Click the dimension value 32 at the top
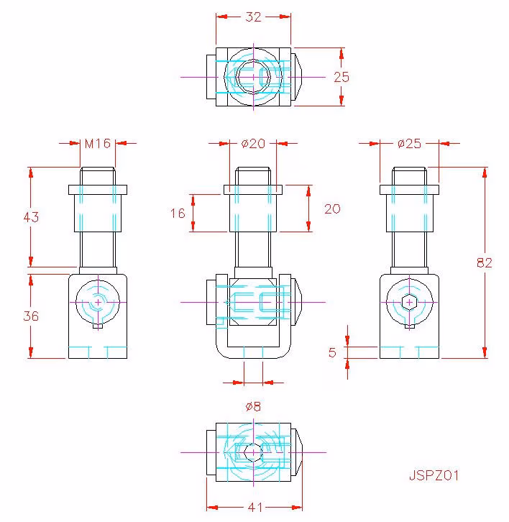[253, 17]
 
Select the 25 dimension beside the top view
[341, 77]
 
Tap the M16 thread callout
[98, 144]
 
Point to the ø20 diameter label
[253, 144]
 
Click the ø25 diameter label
[410, 144]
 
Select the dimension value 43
[31, 217]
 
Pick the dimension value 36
[31, 316]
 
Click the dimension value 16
[178, 214]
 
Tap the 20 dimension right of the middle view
[332, 209]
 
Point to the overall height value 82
[485, 263]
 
